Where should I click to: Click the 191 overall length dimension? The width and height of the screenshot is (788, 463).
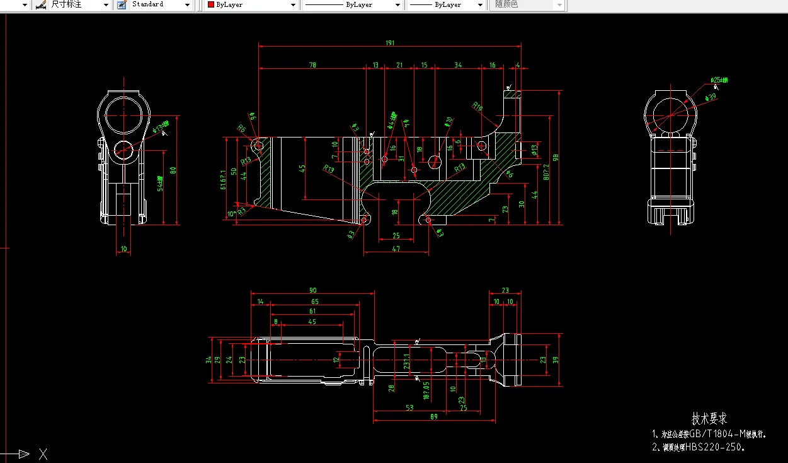tap(390, 42)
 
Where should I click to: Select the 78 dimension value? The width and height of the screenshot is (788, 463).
tap(312, 65)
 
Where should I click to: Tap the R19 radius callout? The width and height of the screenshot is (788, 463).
tap(477, 107)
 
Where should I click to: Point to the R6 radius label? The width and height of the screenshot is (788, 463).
tap(241, 129)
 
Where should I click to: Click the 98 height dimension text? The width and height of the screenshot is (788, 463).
tap(555, 158)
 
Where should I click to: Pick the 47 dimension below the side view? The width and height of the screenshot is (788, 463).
tap(396, 249)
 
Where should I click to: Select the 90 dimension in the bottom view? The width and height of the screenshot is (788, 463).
tap(312, 290)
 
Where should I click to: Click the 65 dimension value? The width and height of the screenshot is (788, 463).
tap(314, 302)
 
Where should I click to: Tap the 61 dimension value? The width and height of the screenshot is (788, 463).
tap(312, 311)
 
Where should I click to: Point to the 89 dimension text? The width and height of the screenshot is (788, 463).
tap(434, 417)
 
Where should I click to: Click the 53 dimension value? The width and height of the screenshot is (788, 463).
tap(409, 407)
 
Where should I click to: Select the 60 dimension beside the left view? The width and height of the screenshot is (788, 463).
tap(173, 169)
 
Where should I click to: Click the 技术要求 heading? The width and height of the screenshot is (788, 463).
tap(709, 418)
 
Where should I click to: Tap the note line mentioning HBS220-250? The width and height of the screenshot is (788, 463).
tap(699, 447)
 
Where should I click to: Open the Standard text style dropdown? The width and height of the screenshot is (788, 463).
tap(187, 5)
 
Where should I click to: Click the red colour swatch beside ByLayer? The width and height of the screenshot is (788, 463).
tap(211, 4)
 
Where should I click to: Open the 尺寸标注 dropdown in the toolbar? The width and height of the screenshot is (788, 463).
tap(106, 5)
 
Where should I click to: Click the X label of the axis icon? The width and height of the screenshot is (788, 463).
tap(43, 454)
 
